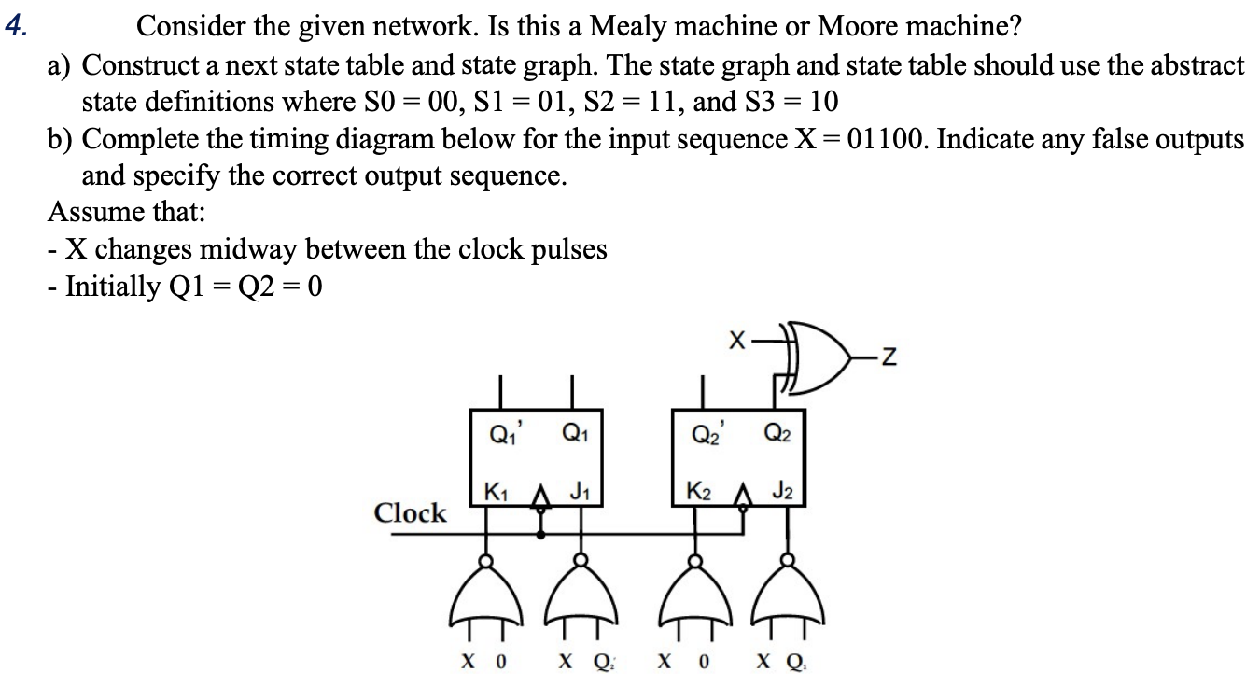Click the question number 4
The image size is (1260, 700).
14,25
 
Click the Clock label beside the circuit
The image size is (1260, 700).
410,513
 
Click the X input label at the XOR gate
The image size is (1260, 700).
735,343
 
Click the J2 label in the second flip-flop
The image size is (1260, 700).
782,489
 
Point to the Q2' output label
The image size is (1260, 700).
706,432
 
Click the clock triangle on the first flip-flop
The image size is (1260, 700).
539,503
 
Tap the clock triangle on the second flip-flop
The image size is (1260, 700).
744,503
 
